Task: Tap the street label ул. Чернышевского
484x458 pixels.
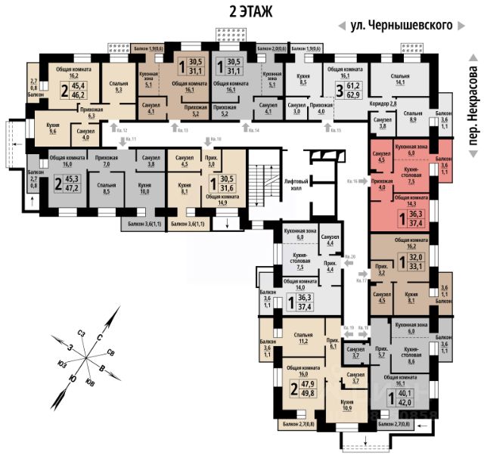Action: (x=405, y=25)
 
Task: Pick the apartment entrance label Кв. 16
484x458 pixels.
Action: (x=352, y=181)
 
